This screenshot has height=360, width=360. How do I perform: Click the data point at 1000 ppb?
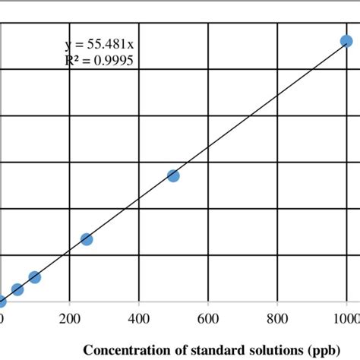(x=346, y=42)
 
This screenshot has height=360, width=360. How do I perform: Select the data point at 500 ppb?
(x=173, y=176)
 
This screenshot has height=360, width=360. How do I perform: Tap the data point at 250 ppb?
(x=87, y=239)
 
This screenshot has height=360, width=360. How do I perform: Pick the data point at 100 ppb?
(x=34, y=277)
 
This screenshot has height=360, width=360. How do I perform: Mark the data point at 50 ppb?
(x=17, y=289)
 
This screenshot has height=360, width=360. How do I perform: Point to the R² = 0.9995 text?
(x=99, y=59)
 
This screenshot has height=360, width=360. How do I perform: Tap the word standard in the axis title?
(x=203, y=350)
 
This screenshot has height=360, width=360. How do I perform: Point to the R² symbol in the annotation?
(x=72, y=59)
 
